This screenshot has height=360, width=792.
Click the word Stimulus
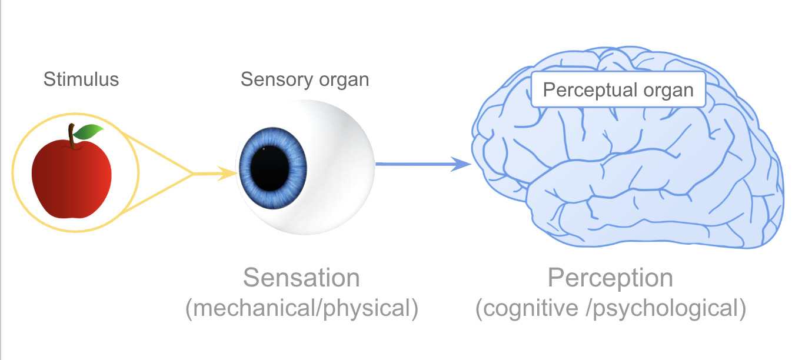click(x=81, y=79)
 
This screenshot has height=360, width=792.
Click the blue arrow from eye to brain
click(x=412, y=164)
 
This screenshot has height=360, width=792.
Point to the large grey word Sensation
click(x=301, y=278)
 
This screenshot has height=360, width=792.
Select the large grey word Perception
click(x=611, y=278)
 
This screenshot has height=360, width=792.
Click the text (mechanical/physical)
click(x=302, y=308)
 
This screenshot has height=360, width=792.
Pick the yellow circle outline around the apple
click(x=75, y=114)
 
